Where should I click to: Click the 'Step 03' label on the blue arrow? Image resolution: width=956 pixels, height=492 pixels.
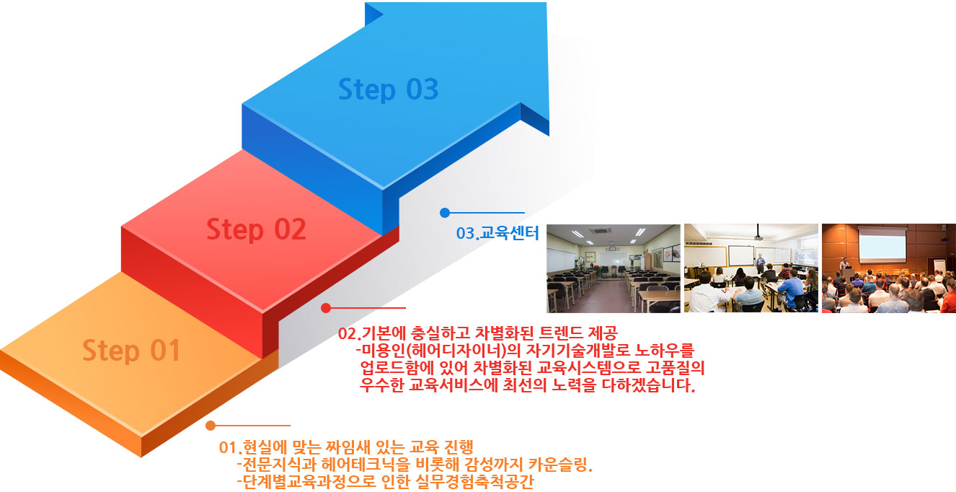click(388, 89)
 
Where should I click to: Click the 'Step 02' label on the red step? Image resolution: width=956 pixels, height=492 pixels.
click(256, 230)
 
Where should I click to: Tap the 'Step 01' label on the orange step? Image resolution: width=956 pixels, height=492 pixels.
click(131, 351)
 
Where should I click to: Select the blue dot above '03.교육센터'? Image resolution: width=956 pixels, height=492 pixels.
click(445, 212)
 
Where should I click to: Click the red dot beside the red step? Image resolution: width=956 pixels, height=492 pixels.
click(326, 307)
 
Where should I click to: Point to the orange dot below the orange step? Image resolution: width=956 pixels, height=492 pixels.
click(211, 426)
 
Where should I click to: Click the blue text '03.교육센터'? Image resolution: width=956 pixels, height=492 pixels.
click(497, 233)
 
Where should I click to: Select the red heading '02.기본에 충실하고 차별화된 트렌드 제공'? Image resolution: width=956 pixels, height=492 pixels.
click(477, 333)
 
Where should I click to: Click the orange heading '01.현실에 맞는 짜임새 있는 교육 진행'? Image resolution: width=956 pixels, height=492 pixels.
click(346, 447)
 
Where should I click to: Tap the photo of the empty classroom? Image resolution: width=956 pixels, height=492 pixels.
click(614, 268)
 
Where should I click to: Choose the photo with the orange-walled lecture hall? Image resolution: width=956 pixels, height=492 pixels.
click(889, 268)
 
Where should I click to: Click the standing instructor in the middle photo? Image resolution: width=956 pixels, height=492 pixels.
click(760, 263)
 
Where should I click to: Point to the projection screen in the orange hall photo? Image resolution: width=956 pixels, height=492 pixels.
click(882, 245)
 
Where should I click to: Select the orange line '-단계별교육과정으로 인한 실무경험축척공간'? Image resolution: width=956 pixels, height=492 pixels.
click(386, 482)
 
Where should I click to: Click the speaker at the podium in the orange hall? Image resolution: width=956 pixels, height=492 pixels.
click(844, 266)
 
